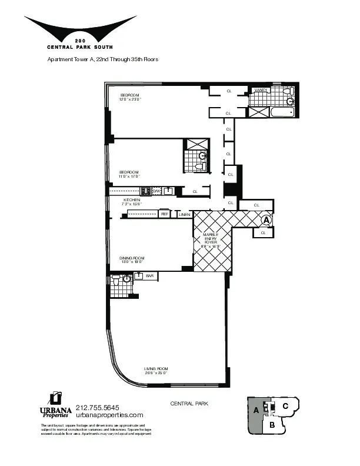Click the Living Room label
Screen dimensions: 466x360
pyautogui.click(x=156, y=371)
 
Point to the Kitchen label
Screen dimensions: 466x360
pyautogui.click(x=131, y=202)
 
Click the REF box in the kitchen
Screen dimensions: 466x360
pyautogui.click(x=165, y=214)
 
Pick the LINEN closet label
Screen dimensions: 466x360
pyautogui.click(x=185, y=214)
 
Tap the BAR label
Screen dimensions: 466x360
pyautogui.click(x=149, y=275)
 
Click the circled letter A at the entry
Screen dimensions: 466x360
pyautogui.click(x=266, y=219)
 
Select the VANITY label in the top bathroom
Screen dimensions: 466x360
pyautogui.click(x=260, y=90)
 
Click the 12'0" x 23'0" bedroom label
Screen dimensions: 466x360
pyautogui.click(x=130, y=97)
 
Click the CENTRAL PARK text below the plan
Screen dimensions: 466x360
pyautogui.click(x=189, y=404)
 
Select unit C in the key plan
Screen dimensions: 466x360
pyautogui.click(x=284, y=405)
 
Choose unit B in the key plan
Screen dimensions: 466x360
pyautogui.click(x=272, y=424)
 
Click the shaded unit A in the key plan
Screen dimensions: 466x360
pyautogui.click(x=256, y=411)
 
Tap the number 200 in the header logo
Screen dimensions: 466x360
pyautogui.click(x=80, y=40)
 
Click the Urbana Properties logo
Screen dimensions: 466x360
pyautogui.click(x=55, y=405)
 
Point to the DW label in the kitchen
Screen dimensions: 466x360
pyautogui.click(x=156, y=191)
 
